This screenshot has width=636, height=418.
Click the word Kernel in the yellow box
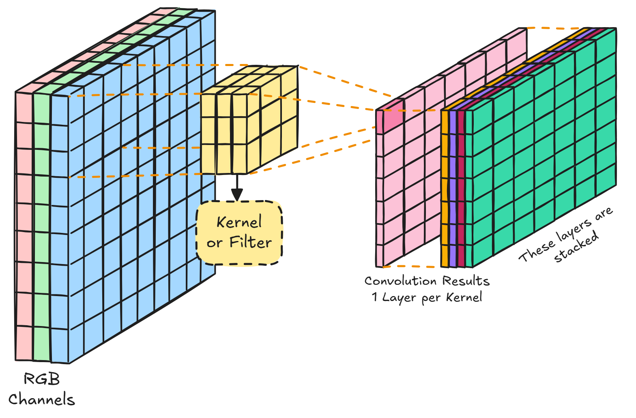coord(239,222)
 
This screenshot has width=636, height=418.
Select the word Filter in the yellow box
coord(250,242)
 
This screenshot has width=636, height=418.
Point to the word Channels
coord(42,399)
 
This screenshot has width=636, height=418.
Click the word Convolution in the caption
coord(401,281)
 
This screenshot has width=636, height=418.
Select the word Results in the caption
coord(466,281)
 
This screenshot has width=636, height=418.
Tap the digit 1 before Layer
coord(375,297)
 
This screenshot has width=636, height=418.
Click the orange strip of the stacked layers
coord(445,186)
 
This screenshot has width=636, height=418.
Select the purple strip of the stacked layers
coord(453,186)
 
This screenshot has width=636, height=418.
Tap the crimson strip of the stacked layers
coord(461,186)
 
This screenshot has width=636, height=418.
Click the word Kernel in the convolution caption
coord(464,297)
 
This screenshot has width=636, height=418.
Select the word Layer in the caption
coord(400,297)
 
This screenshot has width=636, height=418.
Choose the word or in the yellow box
coord(215,243)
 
